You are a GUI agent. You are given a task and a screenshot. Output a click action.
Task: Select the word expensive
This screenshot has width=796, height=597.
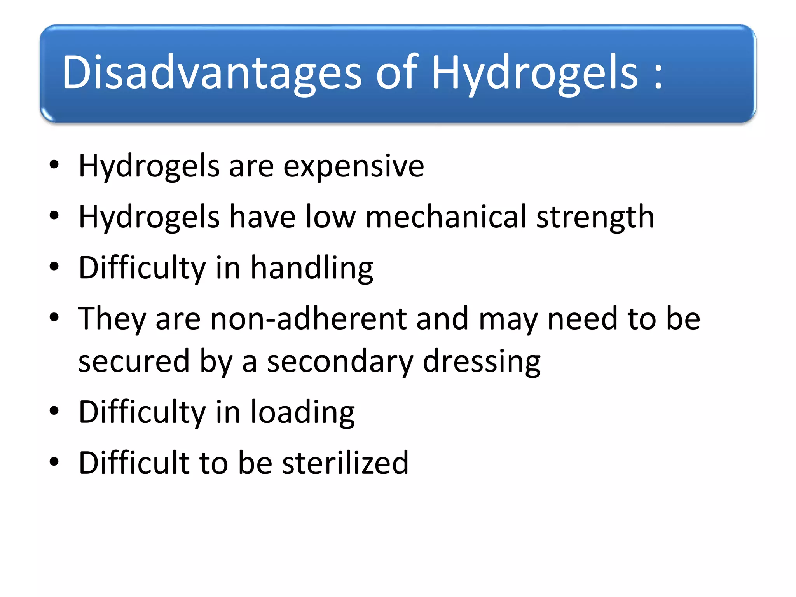354,166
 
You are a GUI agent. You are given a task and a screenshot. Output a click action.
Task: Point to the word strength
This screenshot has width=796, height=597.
595,217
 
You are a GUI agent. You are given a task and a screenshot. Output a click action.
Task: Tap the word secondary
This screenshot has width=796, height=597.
340,362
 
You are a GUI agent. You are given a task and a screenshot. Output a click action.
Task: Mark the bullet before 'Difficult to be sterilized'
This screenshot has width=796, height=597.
54,462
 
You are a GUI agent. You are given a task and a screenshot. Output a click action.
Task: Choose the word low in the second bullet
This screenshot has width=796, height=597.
330,216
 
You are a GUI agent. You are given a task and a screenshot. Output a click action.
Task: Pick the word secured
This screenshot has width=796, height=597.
134,362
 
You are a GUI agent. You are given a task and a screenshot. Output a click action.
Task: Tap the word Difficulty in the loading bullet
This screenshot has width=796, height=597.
142,412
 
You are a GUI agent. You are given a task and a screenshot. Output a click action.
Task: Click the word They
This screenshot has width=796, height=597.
112,319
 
